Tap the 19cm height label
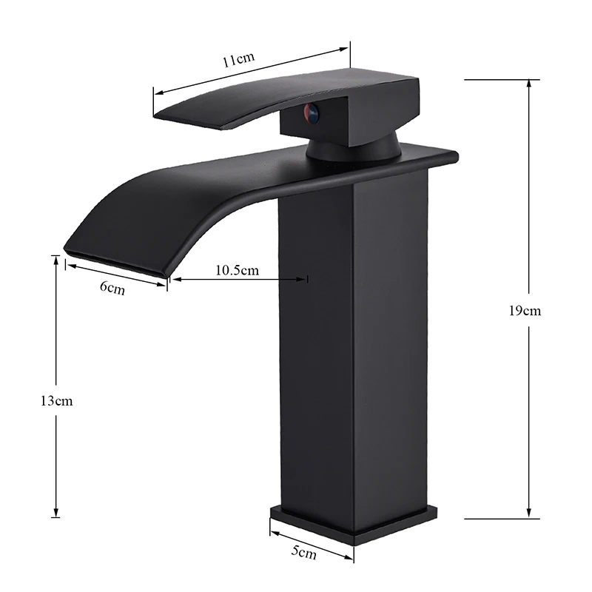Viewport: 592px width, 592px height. pyautogui.click(x=526, y=311)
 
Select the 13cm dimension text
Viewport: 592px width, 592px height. pyautogui.click(x=57, y=401)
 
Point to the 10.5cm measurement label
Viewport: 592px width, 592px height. pyautogui.click(x=237, y=269)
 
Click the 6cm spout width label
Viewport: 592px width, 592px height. pyautogui.click(x=112, y=288)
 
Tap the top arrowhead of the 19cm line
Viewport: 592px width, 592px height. pyautogui.click(x=528, y=81)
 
